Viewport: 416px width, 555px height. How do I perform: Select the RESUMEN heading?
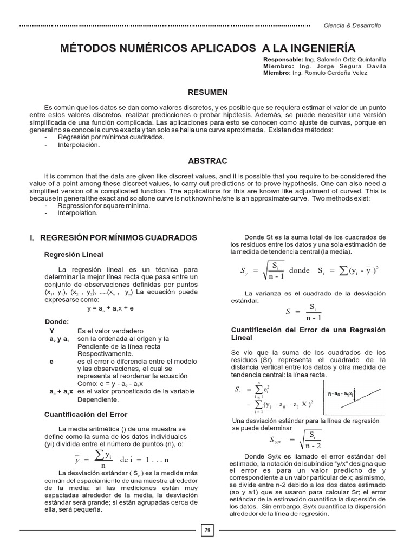pyautogui.click(x=207, y=93)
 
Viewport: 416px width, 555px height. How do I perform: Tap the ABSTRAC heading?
pyautogui.click(x=207, y=161)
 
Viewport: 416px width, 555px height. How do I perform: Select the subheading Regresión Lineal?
pyautogui.click(x=73, y=254)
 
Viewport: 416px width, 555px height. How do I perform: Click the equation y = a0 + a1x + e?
pyautogui.click(x=110, y=307)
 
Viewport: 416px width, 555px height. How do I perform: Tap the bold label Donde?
pyautogui.click(x=57, y=321)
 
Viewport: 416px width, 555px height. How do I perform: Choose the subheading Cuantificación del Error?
pyautogui.click(x=85, y=414)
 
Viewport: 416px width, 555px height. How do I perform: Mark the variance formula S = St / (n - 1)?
pyautogui.click(x=305, y=312)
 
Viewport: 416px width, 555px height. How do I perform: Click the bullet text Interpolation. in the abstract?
pyautogui.click(x=78, y=213)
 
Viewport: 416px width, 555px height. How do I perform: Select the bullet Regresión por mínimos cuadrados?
pyautogui.click(x=103, y=138)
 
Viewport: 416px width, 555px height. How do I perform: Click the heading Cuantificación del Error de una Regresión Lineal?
pyautogui.click(x=308, y=333)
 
